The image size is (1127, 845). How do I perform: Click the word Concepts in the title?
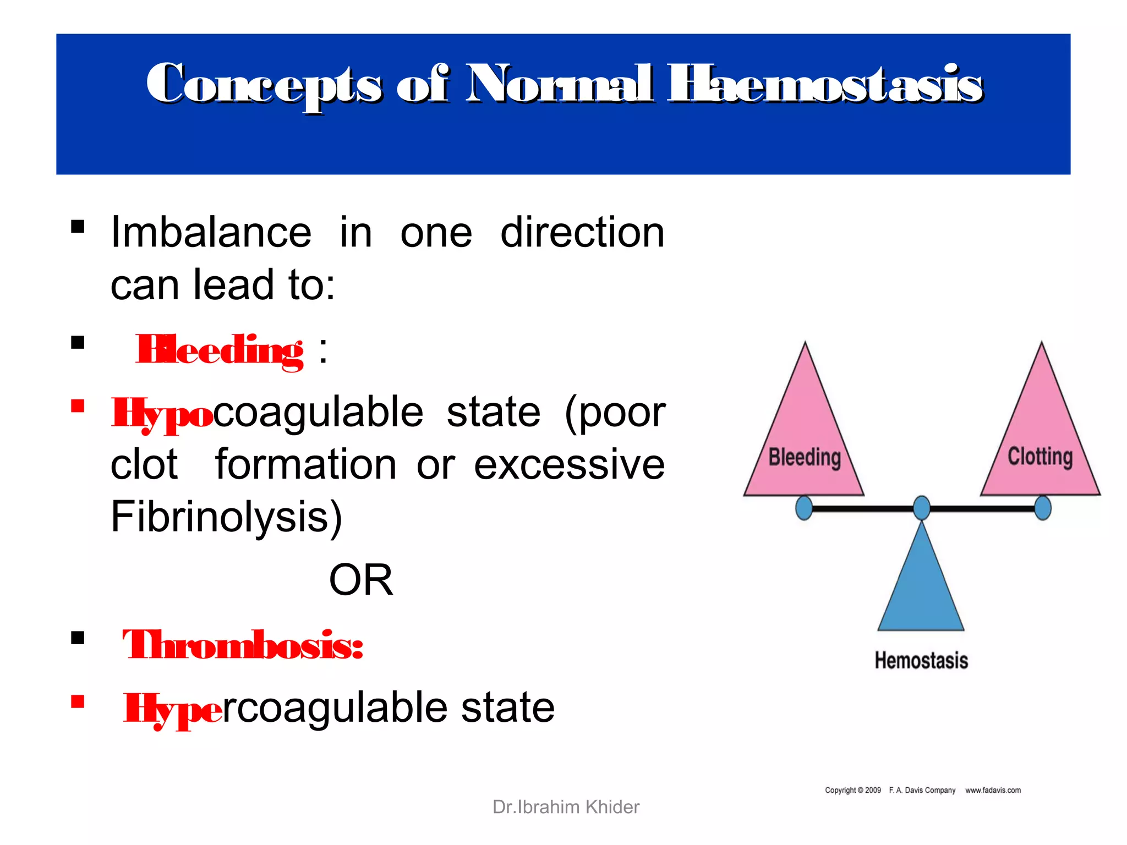tap(264, 85)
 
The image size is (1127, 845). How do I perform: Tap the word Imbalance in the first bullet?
tap(211, 233)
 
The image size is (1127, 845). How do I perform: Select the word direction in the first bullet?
tap(582, 233)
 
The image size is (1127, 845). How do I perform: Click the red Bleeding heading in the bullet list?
tap(220, 350)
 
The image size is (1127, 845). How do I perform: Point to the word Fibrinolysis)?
tap(226, 517)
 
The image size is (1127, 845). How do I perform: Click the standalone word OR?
tap(361, 580)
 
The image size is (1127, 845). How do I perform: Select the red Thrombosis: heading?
tap(243, 645)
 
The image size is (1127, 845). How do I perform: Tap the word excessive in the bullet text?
tap(569, 465)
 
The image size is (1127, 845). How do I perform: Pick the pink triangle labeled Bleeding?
tap(804, 435)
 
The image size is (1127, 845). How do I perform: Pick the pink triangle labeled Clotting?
tap(1041, 435)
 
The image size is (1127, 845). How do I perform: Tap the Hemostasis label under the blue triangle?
tap(921, 661)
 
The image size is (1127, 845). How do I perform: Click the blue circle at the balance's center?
tap(922, 507)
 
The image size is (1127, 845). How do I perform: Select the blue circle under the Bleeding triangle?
tap(804, 507)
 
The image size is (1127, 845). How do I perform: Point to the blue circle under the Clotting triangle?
tap(1043, 507)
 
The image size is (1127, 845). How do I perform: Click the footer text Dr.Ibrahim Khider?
tap(566, 807)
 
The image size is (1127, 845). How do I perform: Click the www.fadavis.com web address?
tap(993, 791)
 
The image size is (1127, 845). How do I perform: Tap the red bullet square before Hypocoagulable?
tap(78, 406)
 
